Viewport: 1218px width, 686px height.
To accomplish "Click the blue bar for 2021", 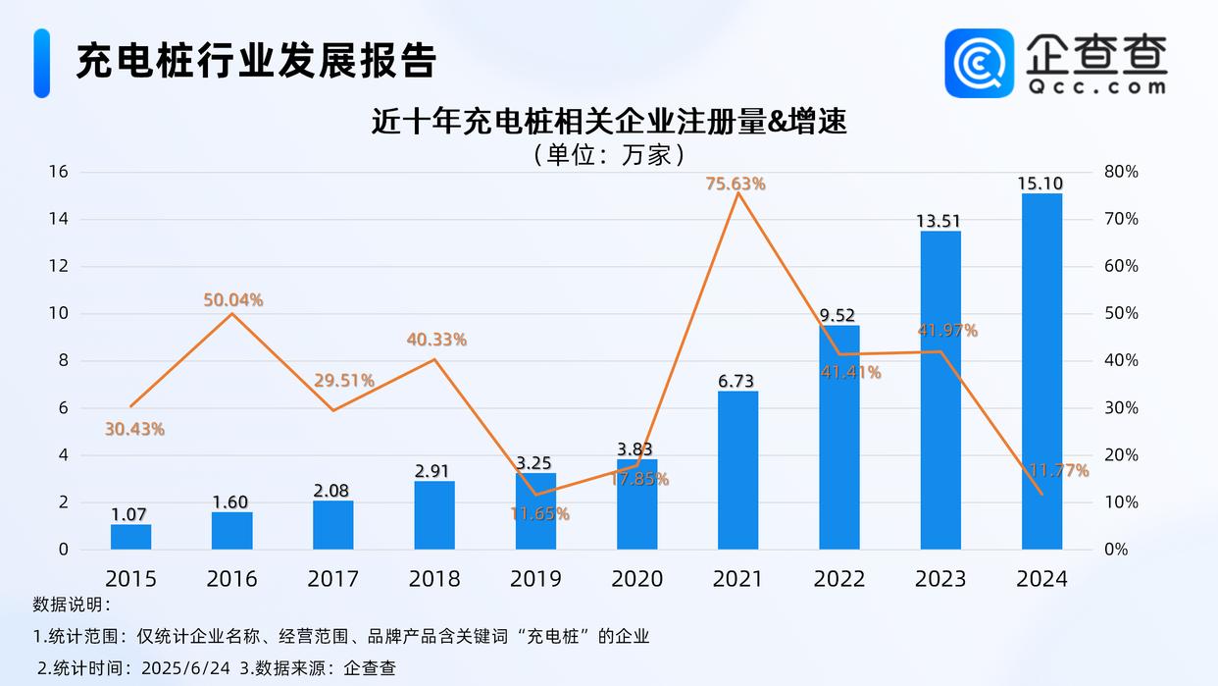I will [x=737, y=470].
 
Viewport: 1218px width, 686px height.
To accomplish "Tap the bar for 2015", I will [x=130, y=537].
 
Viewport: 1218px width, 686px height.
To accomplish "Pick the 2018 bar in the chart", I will [x=434, y=515].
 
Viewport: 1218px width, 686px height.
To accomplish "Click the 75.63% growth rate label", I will [x=736, y=184].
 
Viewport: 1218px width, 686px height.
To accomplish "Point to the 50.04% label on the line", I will [x=233, y=300].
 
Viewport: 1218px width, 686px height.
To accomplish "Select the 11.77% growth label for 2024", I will [x=1059, y=471].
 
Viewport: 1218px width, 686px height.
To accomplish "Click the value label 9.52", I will [x=838, y=315].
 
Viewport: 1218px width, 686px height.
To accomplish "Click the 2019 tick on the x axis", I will [x=535, y=579].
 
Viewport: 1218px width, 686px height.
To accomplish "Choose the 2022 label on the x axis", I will [x=839, y=579].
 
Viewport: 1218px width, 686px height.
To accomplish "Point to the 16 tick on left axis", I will [x=58, y=172].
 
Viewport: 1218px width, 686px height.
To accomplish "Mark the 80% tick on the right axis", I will [x=1121, y=172].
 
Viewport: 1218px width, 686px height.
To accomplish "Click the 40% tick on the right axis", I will [x=1121, y=360].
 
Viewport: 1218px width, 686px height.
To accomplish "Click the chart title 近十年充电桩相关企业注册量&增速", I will [x=608, y=123].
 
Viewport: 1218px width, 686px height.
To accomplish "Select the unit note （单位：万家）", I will [x=608, y=155].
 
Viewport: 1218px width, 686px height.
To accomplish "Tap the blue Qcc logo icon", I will [x=979, y=63].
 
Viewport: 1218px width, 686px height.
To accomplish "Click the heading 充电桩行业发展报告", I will [x=256, y=61].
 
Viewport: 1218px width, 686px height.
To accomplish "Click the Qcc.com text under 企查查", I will [x=1097, y=86].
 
